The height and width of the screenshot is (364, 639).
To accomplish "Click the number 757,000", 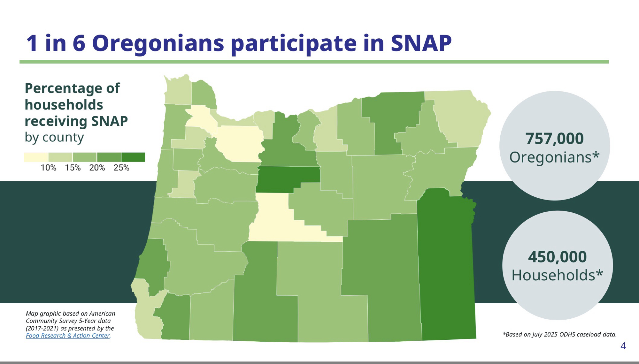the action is pyautogui.click(x=554, y=139).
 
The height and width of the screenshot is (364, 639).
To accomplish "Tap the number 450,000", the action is pyautogui.click(x=557, y=257).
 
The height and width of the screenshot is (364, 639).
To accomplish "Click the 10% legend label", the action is pyautogui.click(x=48, y=168).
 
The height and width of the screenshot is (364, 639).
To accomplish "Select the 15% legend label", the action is pyautogui.click(x=73, y=168).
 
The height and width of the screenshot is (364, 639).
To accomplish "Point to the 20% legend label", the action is pyautogui.click(x=97, y=168).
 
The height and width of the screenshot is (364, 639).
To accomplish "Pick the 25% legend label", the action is pyautogui.click(x=121, y=168).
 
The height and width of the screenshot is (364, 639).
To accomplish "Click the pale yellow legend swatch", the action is pyautogui.click(x=36, y=157).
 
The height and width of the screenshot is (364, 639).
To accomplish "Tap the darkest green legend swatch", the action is pyautogui.click(x=133, y=157).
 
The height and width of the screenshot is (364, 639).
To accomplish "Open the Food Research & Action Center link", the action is pyautogui.click(x=68, y=336).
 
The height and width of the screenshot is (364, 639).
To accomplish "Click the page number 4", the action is pyautogui.click(x=623, y=346).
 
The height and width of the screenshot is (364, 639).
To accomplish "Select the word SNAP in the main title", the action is pyautogui.click(x=421, y=43).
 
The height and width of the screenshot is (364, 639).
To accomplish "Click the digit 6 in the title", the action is pyautogui.click(x=79, y=43).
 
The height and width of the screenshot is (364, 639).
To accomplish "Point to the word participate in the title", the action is pyautogui.click(x=293, y=44).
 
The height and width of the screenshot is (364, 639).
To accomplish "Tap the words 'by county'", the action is pyautogui.click(x=54, y=137).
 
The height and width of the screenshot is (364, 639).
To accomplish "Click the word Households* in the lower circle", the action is pyautogui.click(x=557, y=275).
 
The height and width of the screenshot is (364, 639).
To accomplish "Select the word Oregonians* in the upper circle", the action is pyautogui.click(x=554, y=157).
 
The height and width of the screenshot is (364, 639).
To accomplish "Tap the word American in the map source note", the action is pyautogui.click(x=102, y=314).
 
